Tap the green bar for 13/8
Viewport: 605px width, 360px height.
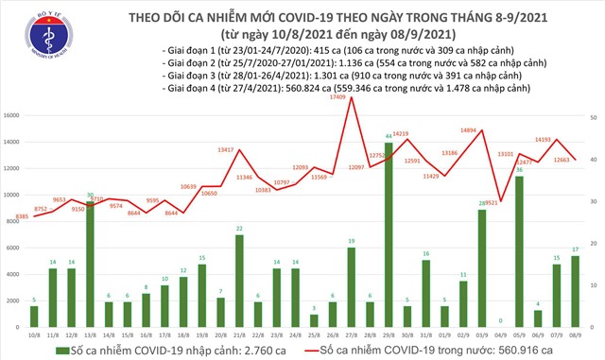89,264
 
